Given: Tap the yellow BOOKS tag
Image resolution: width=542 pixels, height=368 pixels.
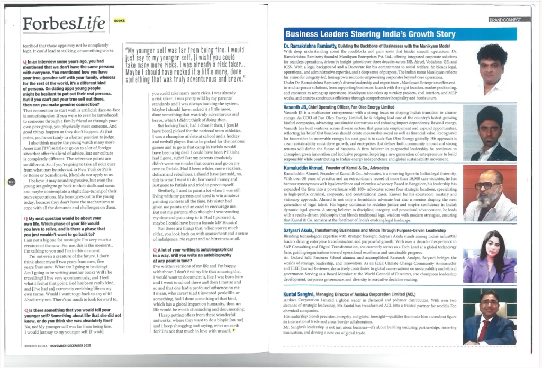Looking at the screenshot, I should click(x=120, y=21).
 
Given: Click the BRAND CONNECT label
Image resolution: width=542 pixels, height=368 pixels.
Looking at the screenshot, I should click(x=508, y=20).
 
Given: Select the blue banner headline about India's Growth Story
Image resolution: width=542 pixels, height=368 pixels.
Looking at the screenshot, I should click(x=370, y=34).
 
